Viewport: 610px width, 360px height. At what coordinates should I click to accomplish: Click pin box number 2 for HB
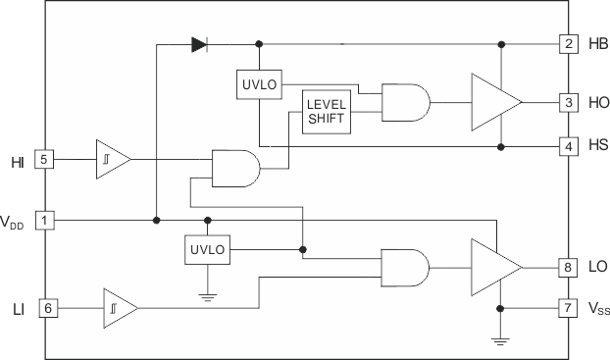568,44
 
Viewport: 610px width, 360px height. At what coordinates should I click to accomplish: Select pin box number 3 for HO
568,102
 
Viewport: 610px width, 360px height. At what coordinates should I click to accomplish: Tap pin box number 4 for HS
568,146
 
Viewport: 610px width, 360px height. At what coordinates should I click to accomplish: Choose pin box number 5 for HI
43,159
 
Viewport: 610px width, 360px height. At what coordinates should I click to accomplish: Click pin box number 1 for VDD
43,220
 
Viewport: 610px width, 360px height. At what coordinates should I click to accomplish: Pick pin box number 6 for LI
43,308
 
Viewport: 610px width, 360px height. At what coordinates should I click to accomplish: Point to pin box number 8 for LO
568,265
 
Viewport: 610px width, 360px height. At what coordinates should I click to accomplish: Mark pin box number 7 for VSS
568,307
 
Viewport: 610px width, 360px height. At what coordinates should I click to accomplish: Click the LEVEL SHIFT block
327,112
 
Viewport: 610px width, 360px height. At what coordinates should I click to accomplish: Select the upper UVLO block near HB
259,84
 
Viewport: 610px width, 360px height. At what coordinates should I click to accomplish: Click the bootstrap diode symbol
199,44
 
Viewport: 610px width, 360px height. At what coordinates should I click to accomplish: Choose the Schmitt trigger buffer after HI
111,159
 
